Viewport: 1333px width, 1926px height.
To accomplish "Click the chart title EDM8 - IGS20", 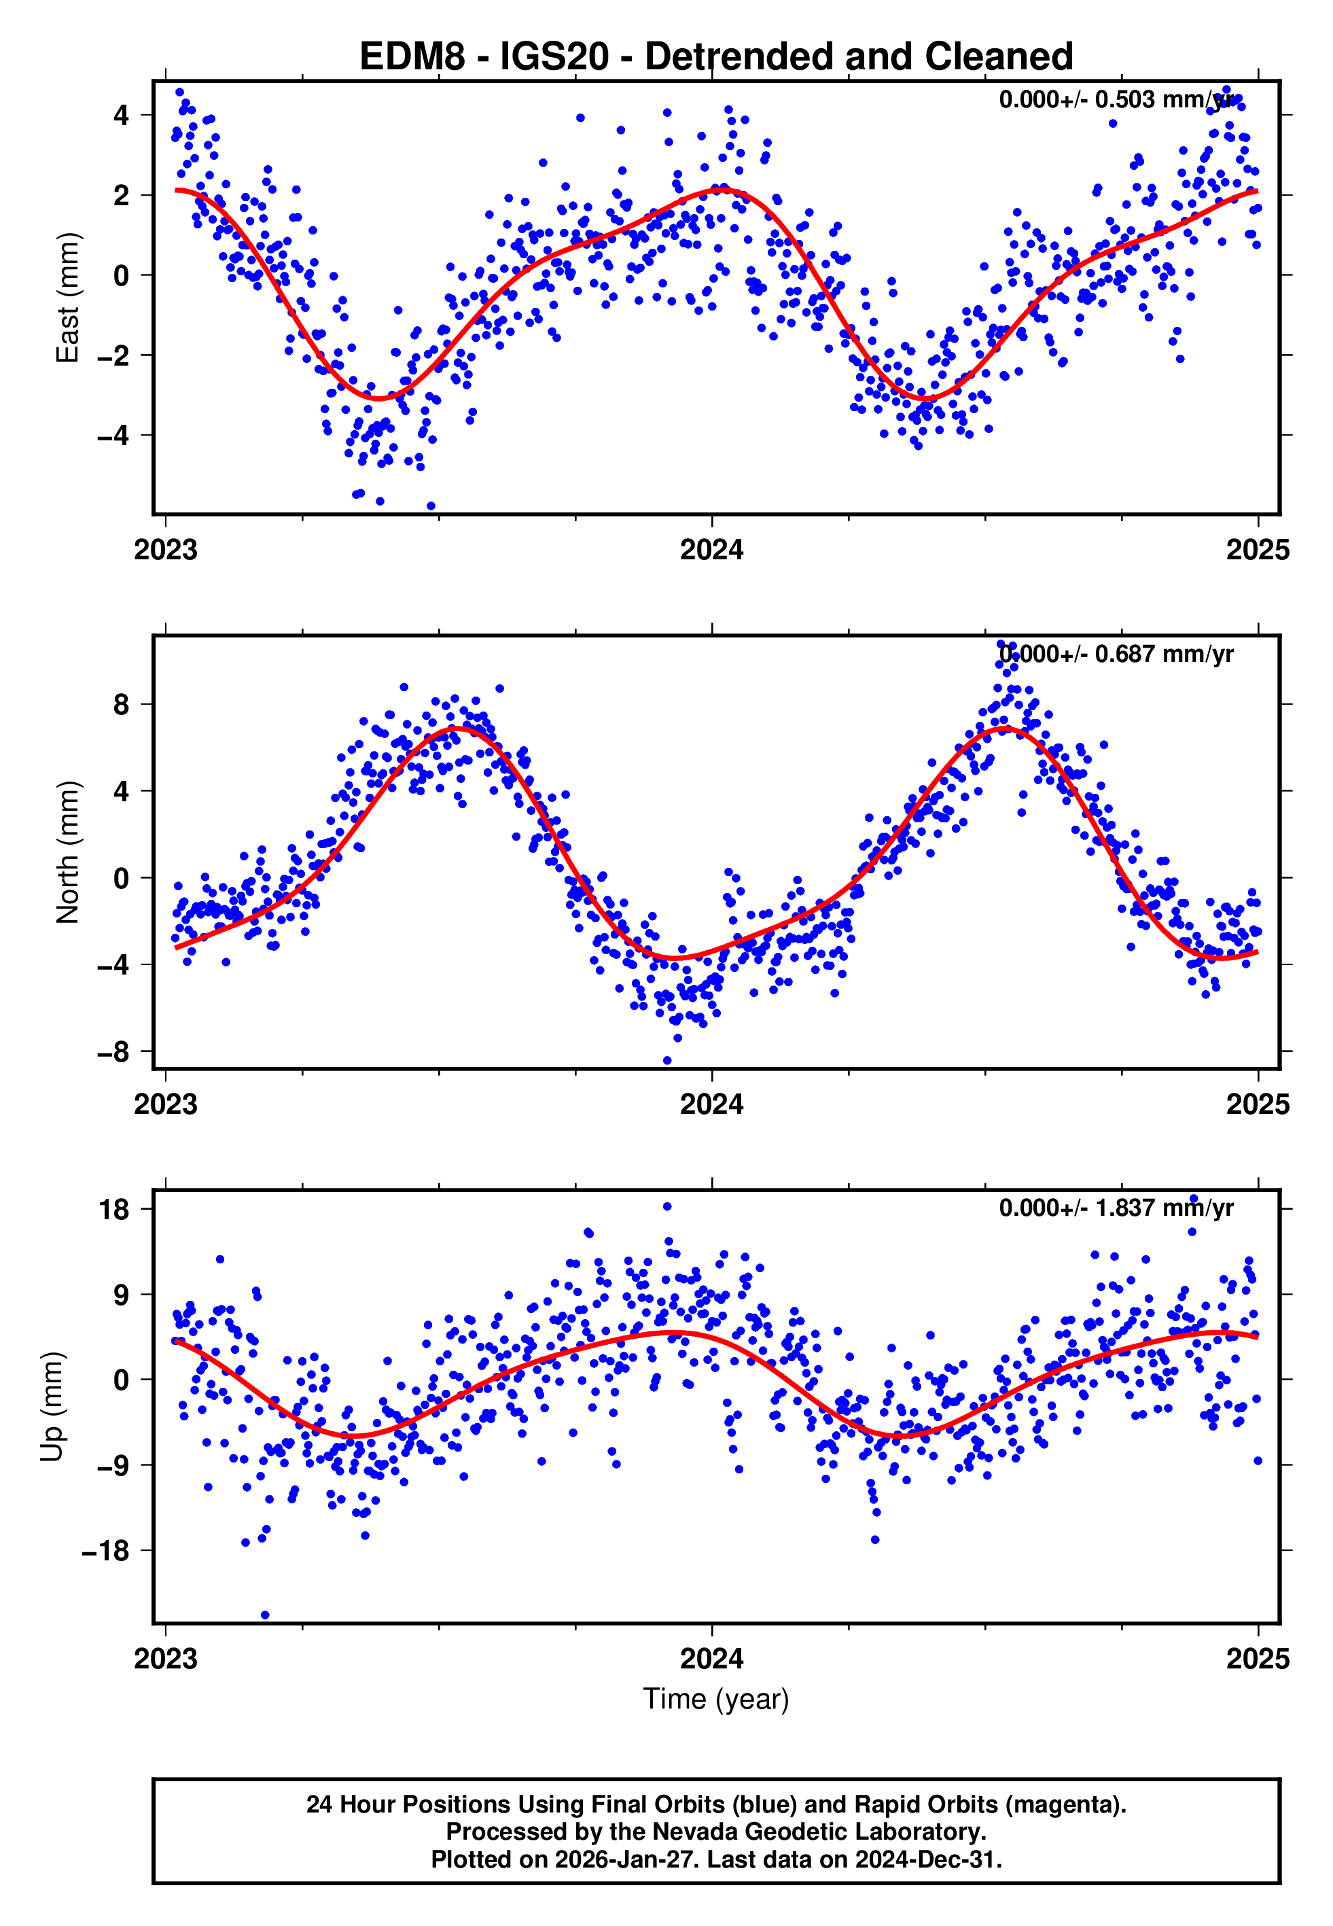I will point(716,57).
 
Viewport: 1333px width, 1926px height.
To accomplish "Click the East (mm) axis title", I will point(68,298).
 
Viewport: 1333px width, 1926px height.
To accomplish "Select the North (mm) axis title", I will point(68,852).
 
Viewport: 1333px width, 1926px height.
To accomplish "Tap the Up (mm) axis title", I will point(52,1407).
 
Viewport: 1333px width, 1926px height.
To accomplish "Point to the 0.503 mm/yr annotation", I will point(1116,99).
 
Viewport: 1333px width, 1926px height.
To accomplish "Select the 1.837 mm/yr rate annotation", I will point(1116,1208).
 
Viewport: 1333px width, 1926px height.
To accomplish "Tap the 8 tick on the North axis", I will point(122,704).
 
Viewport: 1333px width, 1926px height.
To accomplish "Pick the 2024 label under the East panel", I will point(711,550).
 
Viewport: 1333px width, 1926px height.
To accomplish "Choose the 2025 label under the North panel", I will point(1258,1104).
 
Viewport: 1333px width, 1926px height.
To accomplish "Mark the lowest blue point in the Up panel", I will point(265,1615).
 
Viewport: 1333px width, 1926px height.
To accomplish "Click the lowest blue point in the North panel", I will point(667,1061).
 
